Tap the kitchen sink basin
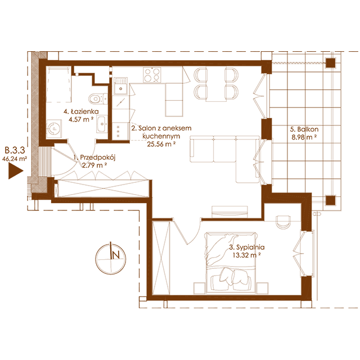tap(121, 86)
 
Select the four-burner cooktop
tap(152, 75)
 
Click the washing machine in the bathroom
tap(54, 129)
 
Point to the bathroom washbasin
tap(102, 124)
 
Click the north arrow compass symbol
tap(111, 259)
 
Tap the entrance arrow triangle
tap(16, 171)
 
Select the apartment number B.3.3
tap(15, 150)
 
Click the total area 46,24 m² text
tap(15, 159)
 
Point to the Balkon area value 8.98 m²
tap(304, 137)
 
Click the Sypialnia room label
tap(247, 247)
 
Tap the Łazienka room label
tap(81, 112)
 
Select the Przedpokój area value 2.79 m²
tap(94, 165)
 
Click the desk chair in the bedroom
tap(283, 221)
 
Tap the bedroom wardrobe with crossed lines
tap(161, 258)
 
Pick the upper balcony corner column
tap(331, 63)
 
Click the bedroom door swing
tap(187, 231)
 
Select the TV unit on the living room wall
tap(230, 211)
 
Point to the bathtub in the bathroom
tap(58, 84)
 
